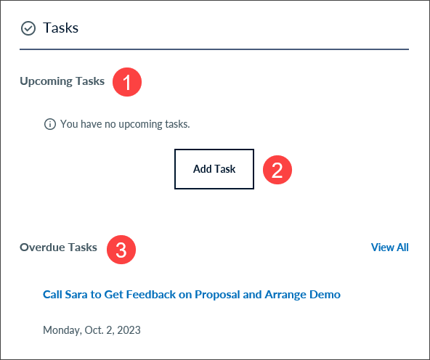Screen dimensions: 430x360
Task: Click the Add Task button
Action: coord(214,169)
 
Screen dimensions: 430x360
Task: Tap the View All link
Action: coord(389,247)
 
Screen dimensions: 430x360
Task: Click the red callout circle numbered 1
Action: coord(127,82)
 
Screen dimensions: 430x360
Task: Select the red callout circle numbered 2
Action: coord(277,170)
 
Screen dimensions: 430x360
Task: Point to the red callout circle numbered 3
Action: coord(121,250)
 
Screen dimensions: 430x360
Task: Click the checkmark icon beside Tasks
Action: coord(28,28)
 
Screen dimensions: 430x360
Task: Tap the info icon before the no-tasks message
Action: coord(50,124)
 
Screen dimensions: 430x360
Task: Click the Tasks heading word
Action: coord(60,28)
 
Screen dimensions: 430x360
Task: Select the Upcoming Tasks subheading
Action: coord(62,81)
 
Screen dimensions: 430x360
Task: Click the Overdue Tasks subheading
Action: coord(58,247)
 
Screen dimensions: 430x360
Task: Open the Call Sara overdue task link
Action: coord(192,295)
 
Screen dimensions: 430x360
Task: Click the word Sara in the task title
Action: coord(76,295)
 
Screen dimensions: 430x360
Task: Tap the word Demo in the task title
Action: coord(325,295)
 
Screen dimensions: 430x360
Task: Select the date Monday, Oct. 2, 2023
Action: coord(92,330)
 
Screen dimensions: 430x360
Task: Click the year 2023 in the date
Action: coord(129,330)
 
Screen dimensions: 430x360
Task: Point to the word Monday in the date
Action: coord(62,330)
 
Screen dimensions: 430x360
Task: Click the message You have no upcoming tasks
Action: coord(125,124)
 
